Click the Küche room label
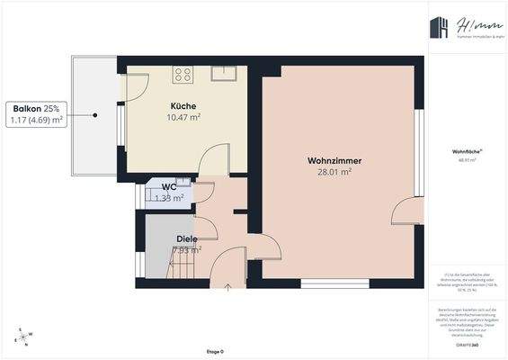(x=183, y=105)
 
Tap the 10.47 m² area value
(x=183, y=117)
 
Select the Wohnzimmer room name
(x=328, y=160)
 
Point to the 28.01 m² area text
(x=328, y=172)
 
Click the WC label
(x=168, y=187)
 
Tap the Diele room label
(x=186, y=238)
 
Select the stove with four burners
(x=184, y=74)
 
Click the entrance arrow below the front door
(x=228, y=288)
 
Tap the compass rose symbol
(x=23, y=337)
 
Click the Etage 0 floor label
(x=216, y=351)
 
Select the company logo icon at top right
(x=440, y=30)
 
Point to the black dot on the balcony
(x=95, y=114)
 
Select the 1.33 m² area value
(x=169, y=198)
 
